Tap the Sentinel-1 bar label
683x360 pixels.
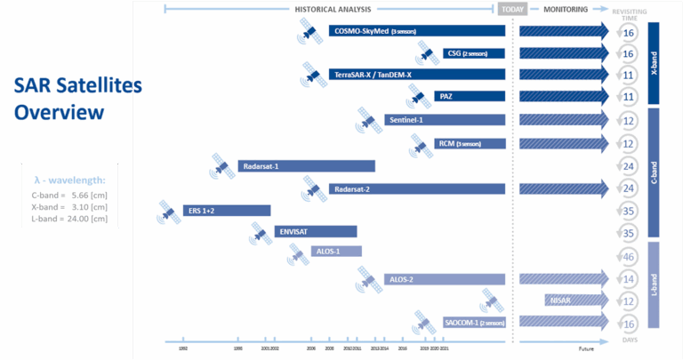(x=405, y=120)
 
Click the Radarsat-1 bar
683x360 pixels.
(x=306, y=165)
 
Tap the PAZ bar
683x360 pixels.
(x=469, y=96)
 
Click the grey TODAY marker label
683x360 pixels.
(x=513, y=10)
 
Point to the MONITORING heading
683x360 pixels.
(x=566, y=10)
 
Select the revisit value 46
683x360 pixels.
(x=629, y=256)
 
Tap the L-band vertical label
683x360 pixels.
(x=655, y=283)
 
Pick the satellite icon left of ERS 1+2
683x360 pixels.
(x=167, y=212)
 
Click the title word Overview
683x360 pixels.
(x=59, y=113)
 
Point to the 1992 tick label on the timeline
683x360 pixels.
(x=183, y=349)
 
